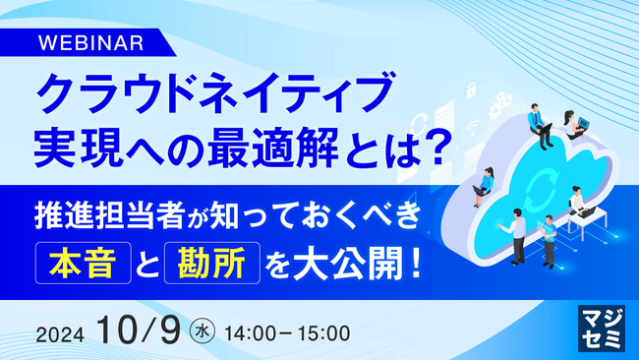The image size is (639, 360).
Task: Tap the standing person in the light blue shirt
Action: click(x=517, y=236)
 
